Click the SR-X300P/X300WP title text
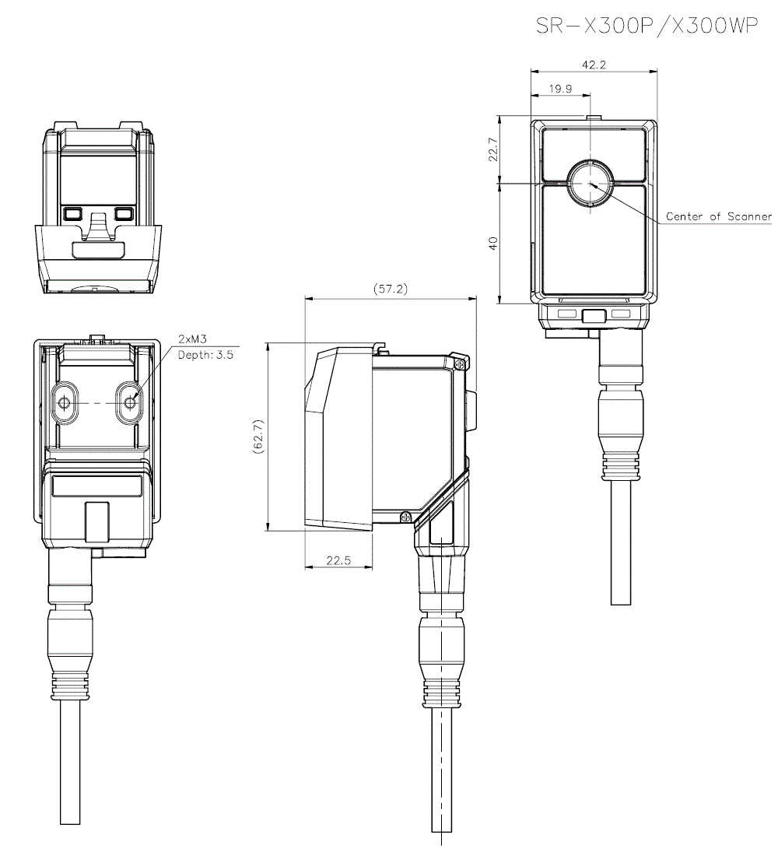[647, 26]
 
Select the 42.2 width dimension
[593, 65]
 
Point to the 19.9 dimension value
[560, 89]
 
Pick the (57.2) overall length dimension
[391, 289]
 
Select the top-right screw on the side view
[459, 363]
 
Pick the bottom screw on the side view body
[405, 517]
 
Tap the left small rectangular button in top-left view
[73, 212]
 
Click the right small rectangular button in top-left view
[124, 212]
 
